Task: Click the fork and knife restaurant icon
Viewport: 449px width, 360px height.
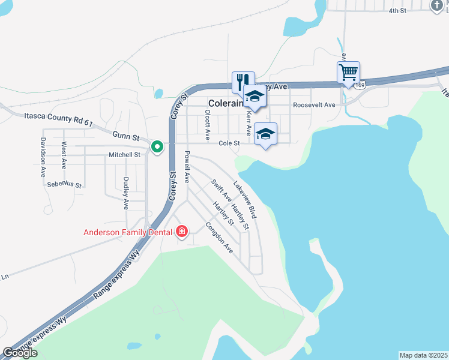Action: [x=243, y=80]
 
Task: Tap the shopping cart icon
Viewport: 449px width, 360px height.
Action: [x=348, y=72]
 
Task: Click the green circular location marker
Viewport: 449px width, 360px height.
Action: [x=157, y=146]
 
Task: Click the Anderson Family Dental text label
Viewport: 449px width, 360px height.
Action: [x=127, y=232]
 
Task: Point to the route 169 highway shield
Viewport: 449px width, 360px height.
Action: [x=359, y=86]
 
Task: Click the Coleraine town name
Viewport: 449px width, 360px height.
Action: [x=225, y=103]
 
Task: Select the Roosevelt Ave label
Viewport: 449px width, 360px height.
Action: [x=314, y=105]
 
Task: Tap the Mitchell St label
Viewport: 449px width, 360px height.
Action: [x=124, y=154]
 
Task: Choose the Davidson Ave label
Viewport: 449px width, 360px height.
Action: [x=43, y=157]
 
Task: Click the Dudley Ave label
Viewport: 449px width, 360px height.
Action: [x=126, y=193]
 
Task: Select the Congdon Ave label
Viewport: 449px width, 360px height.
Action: [x=218, y=238]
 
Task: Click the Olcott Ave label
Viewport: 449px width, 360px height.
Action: [x=208, y=124]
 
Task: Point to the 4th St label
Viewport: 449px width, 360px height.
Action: [x=397, y=11]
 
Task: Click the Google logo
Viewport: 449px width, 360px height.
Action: [x=20, y=353]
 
